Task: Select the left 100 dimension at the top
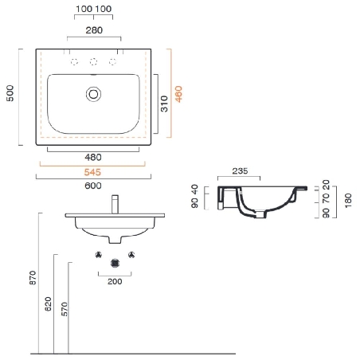pos(84,9)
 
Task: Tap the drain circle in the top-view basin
pos(94,94)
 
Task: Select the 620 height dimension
pos(47,303)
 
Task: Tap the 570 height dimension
pos(63,308)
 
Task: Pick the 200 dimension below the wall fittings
pos(115,282)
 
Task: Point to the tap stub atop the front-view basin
pos(115,202)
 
